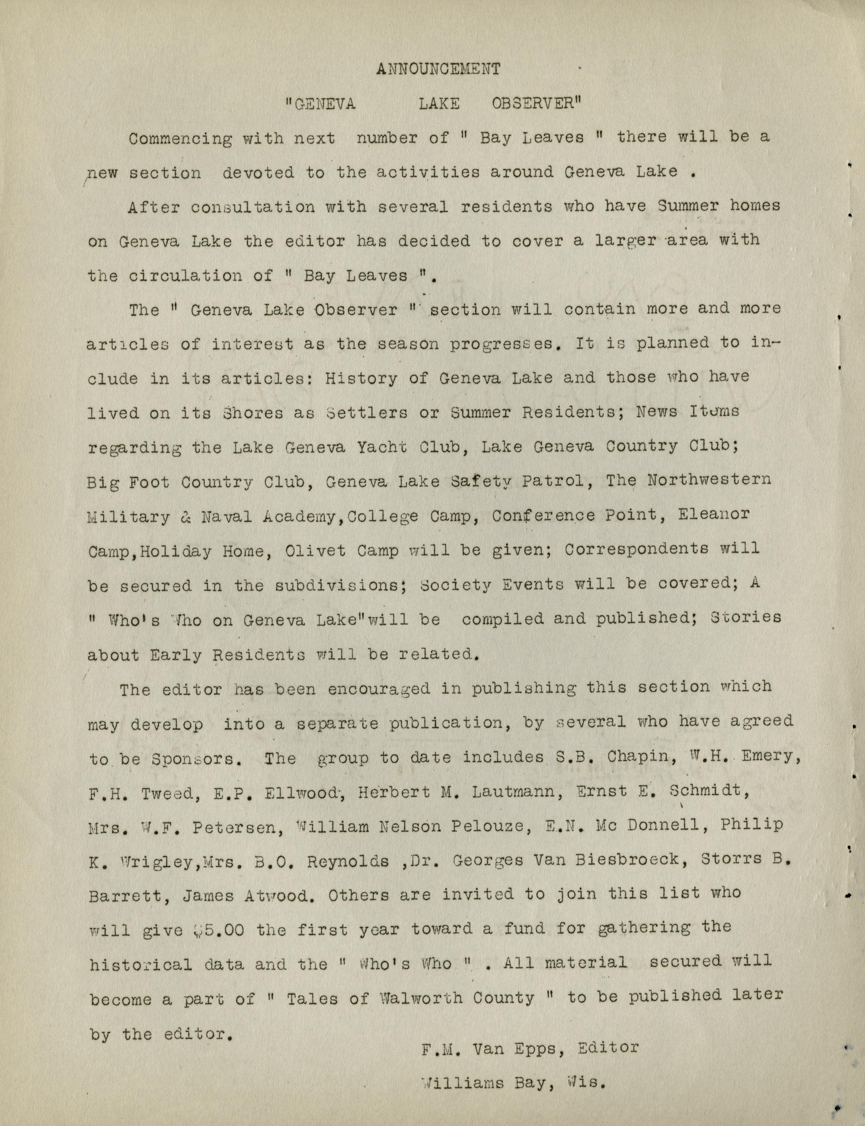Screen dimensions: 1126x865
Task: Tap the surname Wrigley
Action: coord(137,861)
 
